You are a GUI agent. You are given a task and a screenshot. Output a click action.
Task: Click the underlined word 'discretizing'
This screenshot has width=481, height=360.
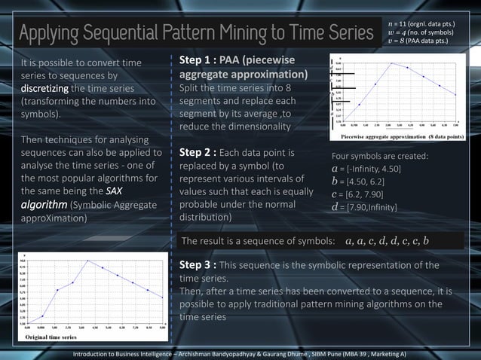(x=47, y=88)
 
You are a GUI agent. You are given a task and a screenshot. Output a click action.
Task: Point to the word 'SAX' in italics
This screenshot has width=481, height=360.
(x=115, y=191)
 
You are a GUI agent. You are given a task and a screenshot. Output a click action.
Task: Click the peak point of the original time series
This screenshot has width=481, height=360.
(x=88, y=261)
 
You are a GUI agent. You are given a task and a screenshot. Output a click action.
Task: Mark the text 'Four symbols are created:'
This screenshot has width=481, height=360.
(x=380, y=155)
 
